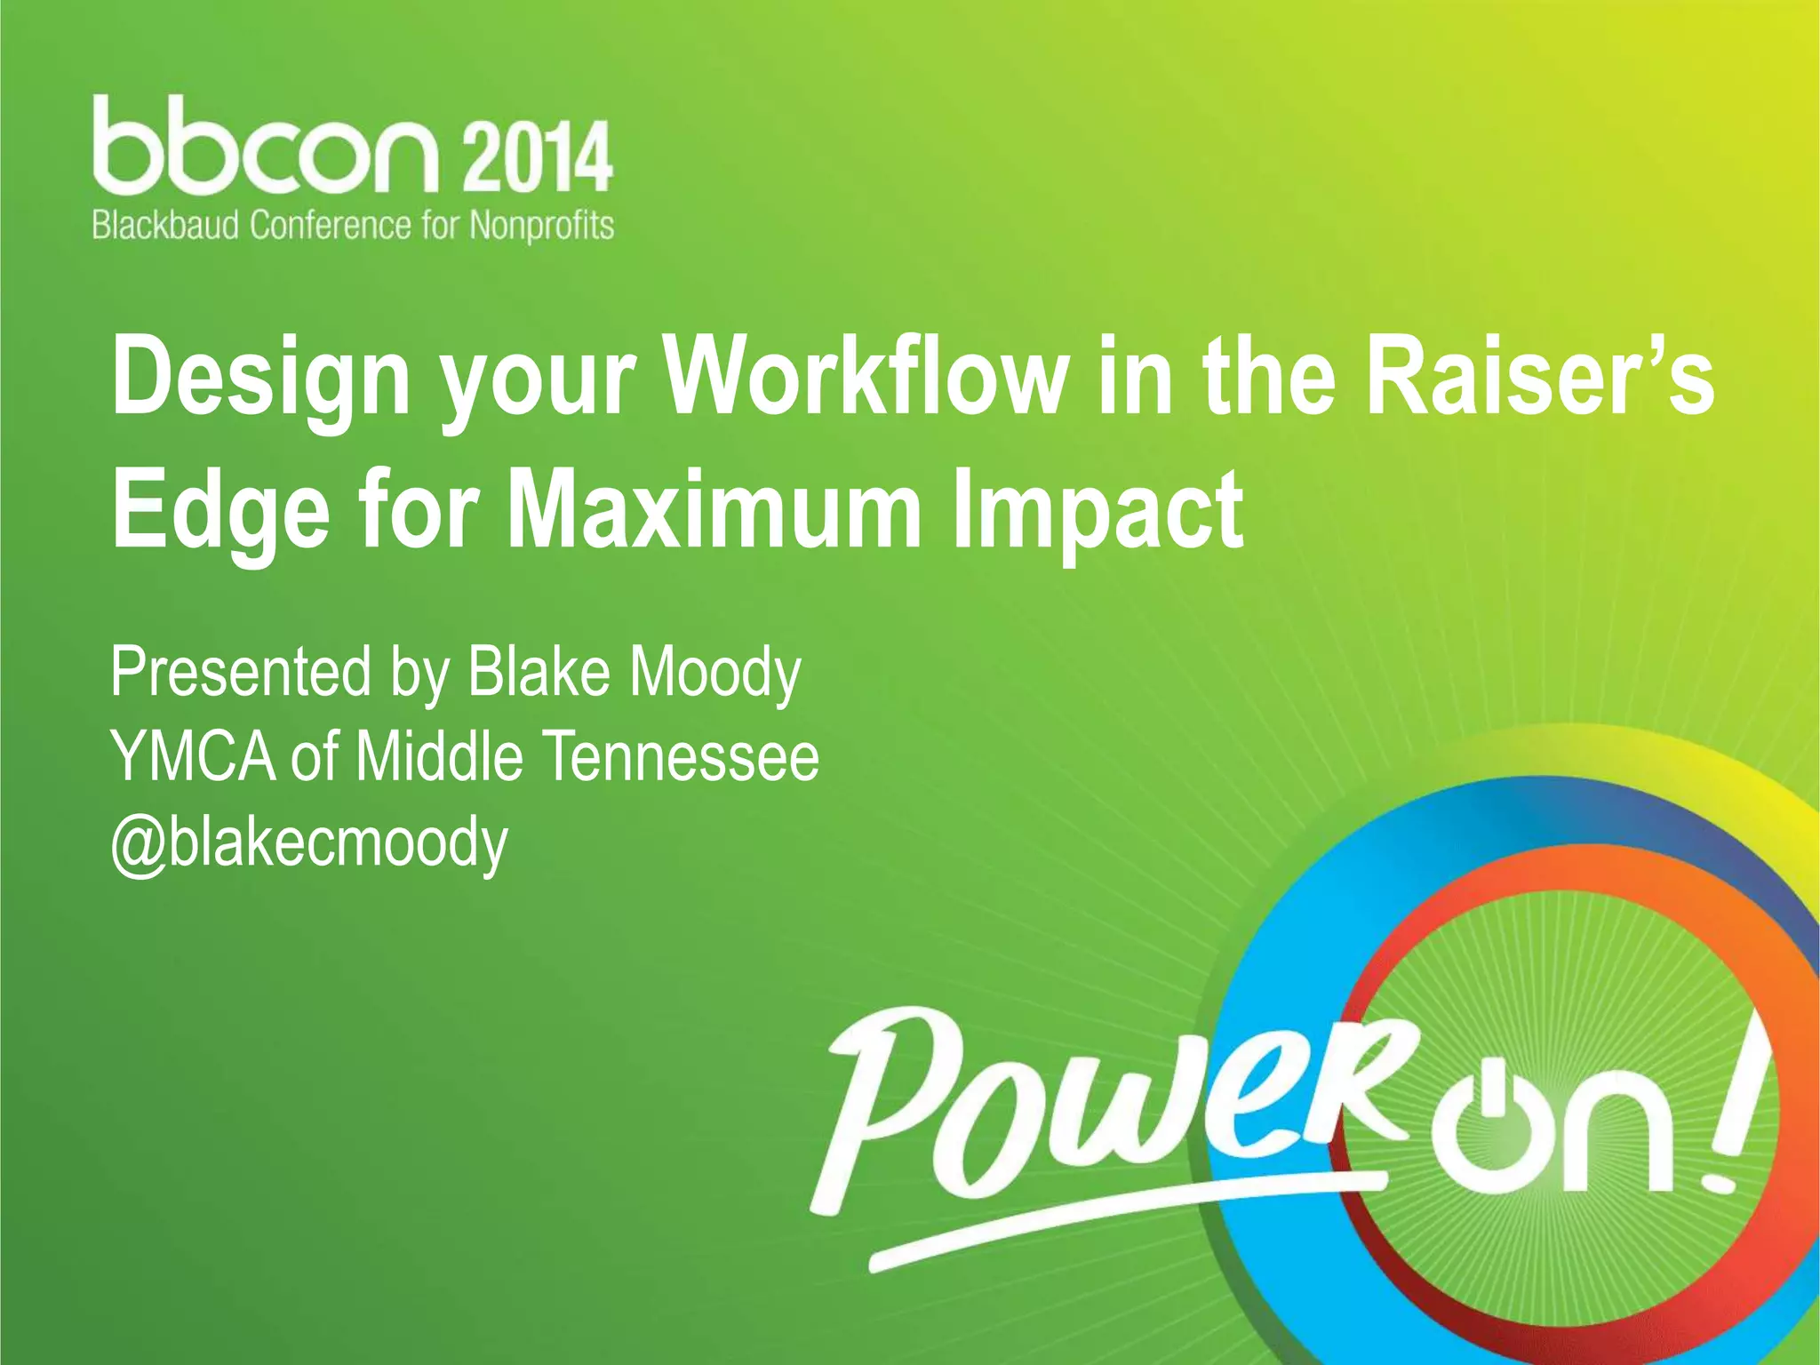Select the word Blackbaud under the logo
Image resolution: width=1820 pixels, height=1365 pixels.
(x=165, y=225)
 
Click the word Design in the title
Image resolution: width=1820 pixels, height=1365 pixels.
(x=260, y=378)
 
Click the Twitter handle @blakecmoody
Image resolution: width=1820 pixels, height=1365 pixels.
(x=308, y=842)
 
